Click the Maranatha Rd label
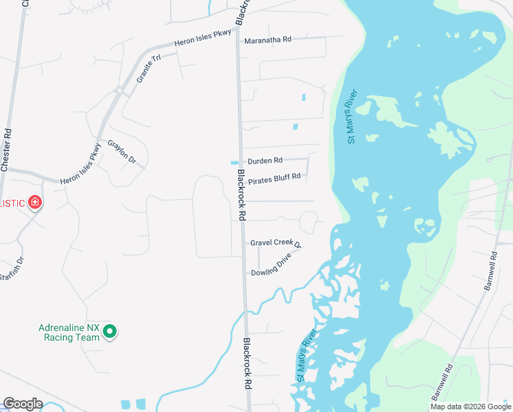pyautogui.click(x=267, y=40)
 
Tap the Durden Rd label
pyautogui.click(x=265, y=161)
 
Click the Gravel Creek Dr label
pyautogui.click(x=276, y=243)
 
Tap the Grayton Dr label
pyautogui.click(x=122, y=152)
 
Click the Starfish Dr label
pyautogui.click(x=12, y=268)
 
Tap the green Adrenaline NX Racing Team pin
pyautogui.click(x=109, y=333)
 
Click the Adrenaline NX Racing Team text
pyautogui.click(x=69, y=332)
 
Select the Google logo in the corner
pyautogui.click(x=23, y=404)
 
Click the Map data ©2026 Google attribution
pyautogui.click(x=470, y=407)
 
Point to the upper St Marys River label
pyautogui.click(x=353, y=116)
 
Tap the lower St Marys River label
pyautogui.click(x=305, y=355)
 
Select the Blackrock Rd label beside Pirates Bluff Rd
pyautogui.click(x=241, y=195)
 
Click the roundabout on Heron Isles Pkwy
pyautogui.click(x=119, y=90)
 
